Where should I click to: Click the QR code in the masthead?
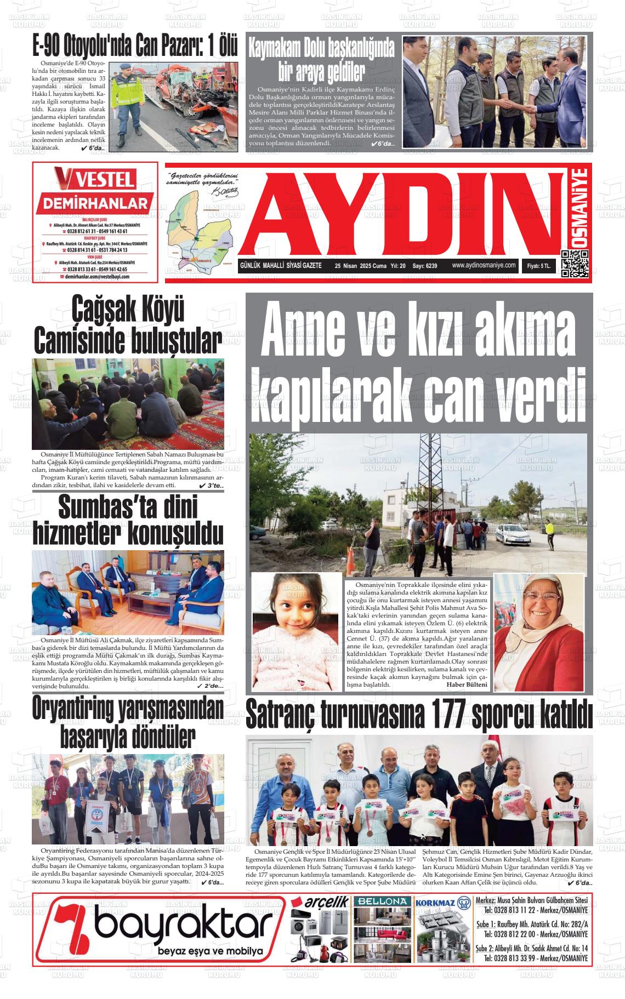(575, 264)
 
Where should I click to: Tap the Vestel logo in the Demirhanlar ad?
(94, 179)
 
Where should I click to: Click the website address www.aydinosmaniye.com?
(484, 265)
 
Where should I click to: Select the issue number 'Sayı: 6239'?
(424, 266)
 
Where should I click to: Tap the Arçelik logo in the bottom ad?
(320, 901)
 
